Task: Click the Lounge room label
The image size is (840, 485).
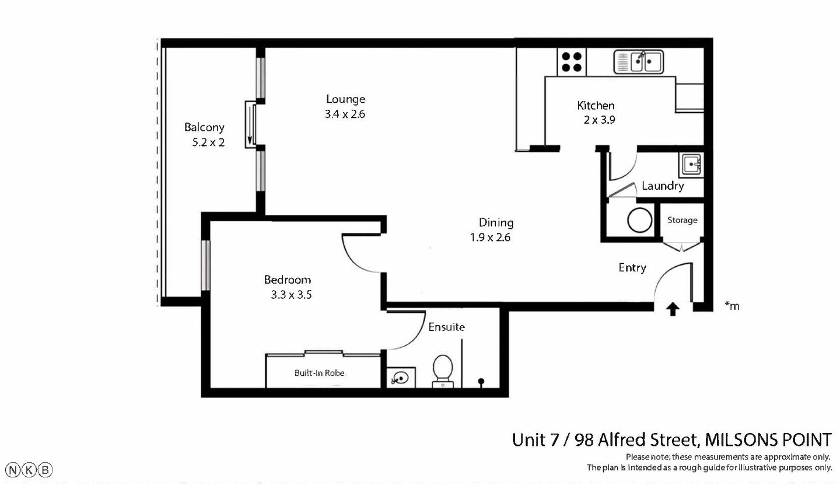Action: coord(345,99)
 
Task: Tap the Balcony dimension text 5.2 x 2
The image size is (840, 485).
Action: coord(208,142)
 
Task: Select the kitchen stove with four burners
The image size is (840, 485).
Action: coord(572,62)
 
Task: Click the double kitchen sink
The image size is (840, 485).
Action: coord(638,62)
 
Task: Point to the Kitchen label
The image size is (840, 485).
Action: coord(596,106)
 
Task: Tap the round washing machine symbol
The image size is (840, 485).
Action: coord(639,221)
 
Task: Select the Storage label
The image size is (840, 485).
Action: coord(682,220)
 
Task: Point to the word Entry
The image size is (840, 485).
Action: coord(632,268)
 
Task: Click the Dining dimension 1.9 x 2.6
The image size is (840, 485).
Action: coord(490,237)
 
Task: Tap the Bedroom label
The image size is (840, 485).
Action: coord(287,280)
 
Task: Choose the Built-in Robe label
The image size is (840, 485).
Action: coord(319,372)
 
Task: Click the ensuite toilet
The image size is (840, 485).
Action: coord(443,370)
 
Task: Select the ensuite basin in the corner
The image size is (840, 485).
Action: coord(401,378)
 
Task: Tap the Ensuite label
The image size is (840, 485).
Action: coord(446,327)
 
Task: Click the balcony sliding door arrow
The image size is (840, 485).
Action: coord(250,124)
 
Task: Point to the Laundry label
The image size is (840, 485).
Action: coord(662,186)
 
